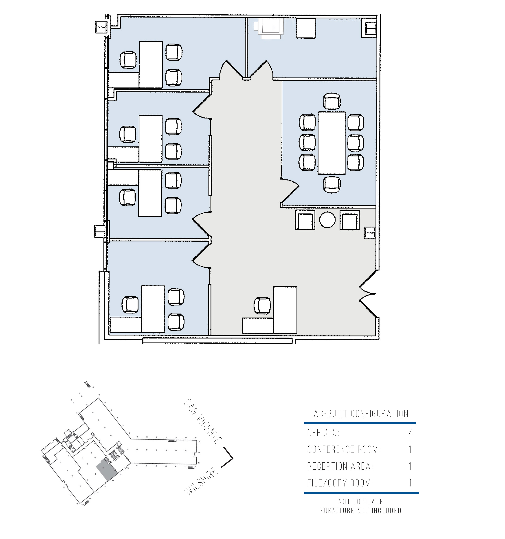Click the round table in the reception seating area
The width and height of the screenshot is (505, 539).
[327, 220]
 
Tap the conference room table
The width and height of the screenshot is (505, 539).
[332, 143]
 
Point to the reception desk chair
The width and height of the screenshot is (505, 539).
[262, 306]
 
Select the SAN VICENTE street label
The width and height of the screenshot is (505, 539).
[203, 421]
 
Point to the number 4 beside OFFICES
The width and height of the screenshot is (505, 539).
[411, 433]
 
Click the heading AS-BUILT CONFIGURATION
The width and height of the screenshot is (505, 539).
[361, 414]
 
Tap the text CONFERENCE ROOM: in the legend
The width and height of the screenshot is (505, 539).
[344, 449]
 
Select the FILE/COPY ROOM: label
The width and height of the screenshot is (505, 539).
[340, 483]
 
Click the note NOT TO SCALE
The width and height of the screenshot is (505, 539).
[361, 501]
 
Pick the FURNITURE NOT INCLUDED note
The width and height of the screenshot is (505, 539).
[361, 510]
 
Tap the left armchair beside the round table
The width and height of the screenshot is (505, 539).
[305, 220]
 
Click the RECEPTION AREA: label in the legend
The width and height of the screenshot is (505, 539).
[340, 466]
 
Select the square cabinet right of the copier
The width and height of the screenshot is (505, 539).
[306, 28]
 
